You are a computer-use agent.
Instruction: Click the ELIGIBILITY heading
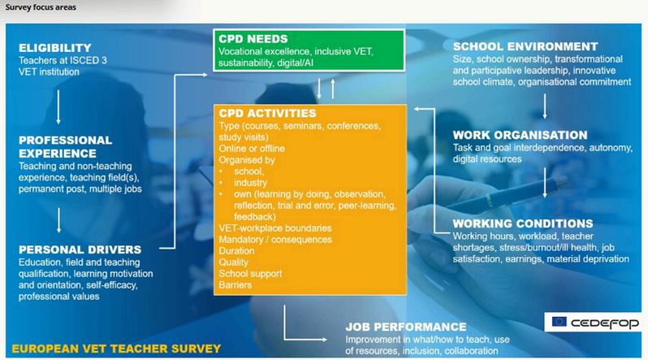[x=55, y=48]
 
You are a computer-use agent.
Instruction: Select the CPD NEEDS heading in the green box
[x=253, y=39]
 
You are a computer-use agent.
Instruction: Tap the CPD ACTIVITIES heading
[x=267, y=113]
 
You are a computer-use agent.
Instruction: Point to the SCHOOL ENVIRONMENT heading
[x=525, y=46]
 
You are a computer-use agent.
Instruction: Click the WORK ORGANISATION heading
[x=520, y=135]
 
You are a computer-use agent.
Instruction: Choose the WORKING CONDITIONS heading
[x=523, y=223]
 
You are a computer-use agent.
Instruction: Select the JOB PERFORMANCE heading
[x=406, y=327]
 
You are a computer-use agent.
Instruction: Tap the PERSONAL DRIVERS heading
[x=80, y=249]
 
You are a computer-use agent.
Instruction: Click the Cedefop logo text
[x=605, y=323]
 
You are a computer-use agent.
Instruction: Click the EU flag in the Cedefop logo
[x=559, y=322]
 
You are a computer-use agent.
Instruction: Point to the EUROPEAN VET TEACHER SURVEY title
[x=116, y=349]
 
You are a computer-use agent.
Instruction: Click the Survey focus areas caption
[x=41, y=7]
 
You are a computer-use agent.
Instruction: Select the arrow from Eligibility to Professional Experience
[x=58, y=106]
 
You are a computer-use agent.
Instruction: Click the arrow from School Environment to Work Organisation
[x=545, y=106]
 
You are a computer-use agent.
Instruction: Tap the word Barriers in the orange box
[x=235, y=284]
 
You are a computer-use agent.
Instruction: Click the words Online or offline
[x=252, y=149]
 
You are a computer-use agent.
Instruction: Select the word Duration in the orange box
[x=237, y=251]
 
